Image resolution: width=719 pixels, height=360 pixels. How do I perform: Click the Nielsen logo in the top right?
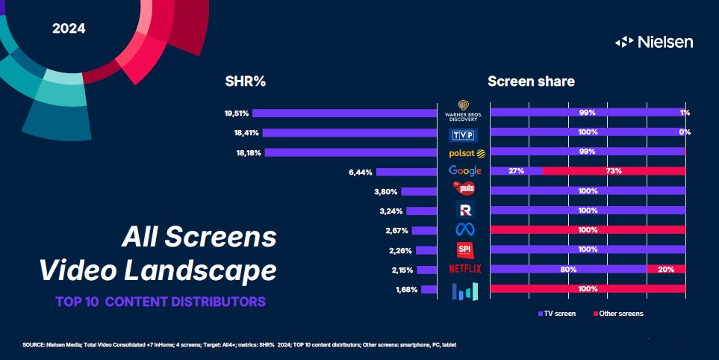pos(653,42)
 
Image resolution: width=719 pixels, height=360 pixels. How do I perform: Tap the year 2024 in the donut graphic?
pos(69,29)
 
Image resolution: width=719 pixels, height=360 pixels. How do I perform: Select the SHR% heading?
pos(246,81)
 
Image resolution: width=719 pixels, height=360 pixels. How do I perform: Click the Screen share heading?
pos(531,81)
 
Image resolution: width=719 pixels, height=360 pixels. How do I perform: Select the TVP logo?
pos(464,134)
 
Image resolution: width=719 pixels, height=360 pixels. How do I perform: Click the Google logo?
pos(464,172)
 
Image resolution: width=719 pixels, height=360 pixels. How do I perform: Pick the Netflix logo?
pos(464,268)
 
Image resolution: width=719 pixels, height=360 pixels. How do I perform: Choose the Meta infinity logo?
pos(464,229)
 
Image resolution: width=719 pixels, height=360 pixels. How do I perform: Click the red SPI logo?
pos(464,249)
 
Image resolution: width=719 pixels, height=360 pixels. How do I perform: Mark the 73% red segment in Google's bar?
pos(614,171)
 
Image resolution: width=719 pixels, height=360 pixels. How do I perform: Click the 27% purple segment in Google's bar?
pos(515,171)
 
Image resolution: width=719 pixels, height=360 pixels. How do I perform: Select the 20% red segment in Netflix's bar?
pos(666,269)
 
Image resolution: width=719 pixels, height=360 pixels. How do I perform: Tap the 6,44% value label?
pos(360,172)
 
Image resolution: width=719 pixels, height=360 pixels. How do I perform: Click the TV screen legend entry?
pos(557,314)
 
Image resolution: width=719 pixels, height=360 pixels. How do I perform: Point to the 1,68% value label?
pos(407,289)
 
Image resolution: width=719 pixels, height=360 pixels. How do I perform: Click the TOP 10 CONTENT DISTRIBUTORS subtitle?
pos(160,302)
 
